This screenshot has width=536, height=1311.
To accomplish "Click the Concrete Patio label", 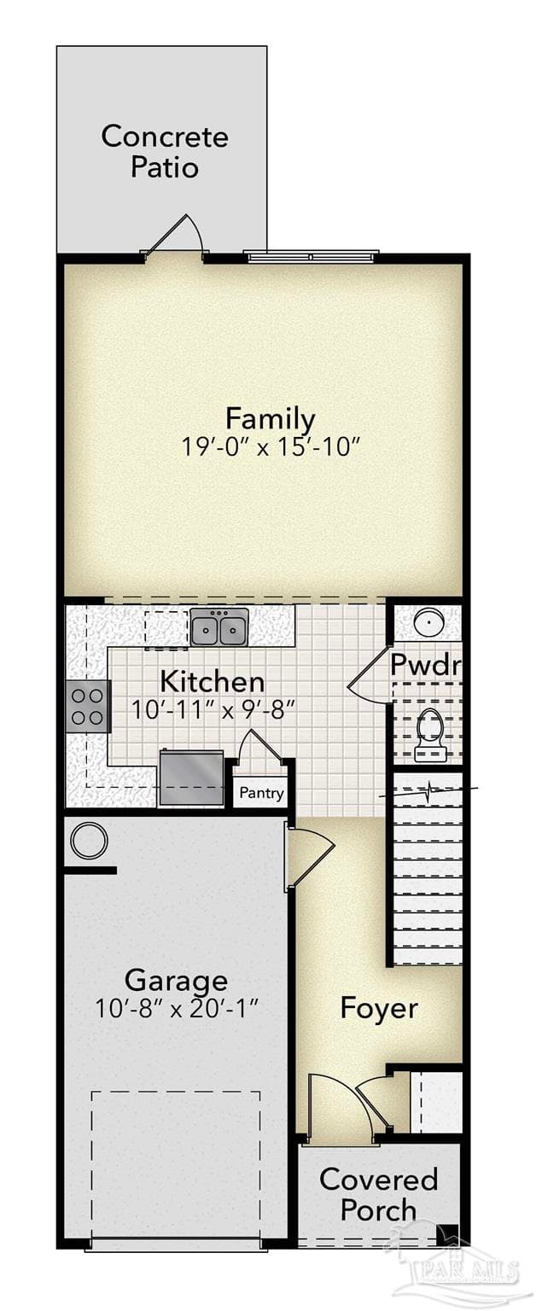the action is point(165,152).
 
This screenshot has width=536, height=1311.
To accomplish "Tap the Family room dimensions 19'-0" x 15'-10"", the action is point(270,448).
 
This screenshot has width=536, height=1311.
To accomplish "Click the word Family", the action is point(271,419).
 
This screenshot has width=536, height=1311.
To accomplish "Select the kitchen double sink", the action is point(219,626).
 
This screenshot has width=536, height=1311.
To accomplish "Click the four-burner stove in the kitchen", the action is point(88,706).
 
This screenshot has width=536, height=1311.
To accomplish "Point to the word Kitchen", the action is point(212,682).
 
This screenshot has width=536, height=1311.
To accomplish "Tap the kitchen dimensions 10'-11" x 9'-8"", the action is point(212,710).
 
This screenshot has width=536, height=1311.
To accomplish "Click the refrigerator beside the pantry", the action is point(191,778).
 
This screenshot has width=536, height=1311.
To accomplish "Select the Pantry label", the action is point(261,793).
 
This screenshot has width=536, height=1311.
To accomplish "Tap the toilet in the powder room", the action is point(431,734).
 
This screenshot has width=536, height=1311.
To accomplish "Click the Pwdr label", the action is point(425,664).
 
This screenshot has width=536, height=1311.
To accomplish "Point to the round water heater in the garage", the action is point(89,841).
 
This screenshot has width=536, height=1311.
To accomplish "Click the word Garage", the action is point(176,981).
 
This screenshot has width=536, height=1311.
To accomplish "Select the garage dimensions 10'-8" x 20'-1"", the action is point(176,1008).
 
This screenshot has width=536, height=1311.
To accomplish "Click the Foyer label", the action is point(379,1008).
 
